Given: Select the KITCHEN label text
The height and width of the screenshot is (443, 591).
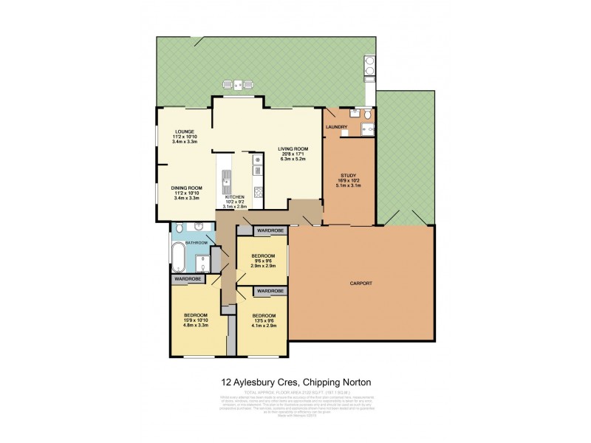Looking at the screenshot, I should (235, 197).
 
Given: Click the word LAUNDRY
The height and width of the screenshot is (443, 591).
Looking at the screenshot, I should (336, 128).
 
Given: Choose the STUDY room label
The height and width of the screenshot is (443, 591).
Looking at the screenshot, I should (349, 176).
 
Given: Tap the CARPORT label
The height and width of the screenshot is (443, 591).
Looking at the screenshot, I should (361, 283).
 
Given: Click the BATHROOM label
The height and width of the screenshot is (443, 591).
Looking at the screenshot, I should (196, 242).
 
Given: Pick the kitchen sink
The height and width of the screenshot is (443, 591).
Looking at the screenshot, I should (226, 177).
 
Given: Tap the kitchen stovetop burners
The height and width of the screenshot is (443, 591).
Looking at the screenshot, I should (257, 193).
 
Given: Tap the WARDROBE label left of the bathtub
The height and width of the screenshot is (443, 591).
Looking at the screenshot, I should (188, 279).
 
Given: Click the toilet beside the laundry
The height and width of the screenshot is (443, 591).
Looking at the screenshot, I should (369, 113).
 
